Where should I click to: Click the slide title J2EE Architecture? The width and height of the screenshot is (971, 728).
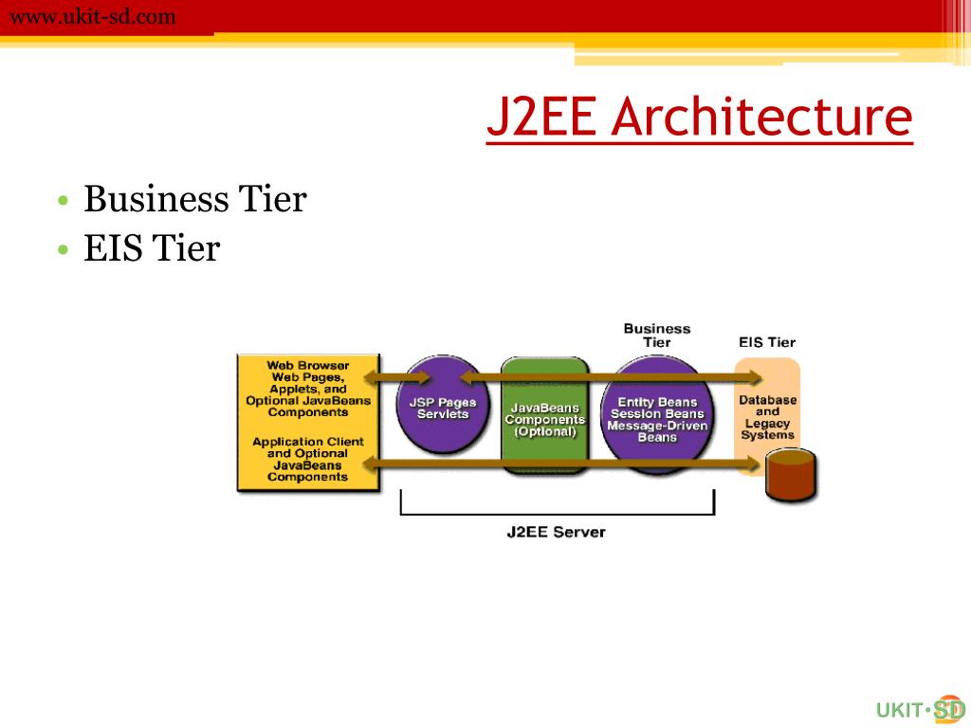tap(700, 118)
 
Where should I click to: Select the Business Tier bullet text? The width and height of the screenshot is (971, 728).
tap(194, 200)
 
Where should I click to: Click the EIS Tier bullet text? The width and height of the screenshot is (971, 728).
tap(152, 249)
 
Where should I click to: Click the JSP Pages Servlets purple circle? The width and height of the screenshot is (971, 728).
tap(442, 409)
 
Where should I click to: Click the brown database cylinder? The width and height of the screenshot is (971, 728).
tap(791, 478)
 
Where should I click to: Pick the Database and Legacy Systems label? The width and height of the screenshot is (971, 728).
tap(767, 417)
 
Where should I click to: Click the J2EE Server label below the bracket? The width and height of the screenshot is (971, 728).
tap(556, 532)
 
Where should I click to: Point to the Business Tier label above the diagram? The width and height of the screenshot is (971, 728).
tap(656, 335)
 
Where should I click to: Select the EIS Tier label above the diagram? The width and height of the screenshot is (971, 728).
tap(767, 342)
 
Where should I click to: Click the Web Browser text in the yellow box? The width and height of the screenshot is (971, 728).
tap(307, 365)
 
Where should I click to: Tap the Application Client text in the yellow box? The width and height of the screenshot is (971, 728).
tap(307, 442)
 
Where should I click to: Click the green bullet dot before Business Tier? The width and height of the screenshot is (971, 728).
tap(62, 202)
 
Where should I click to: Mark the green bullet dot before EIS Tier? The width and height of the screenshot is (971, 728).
tap(62, 251)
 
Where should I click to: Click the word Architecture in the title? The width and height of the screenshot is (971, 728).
tap(761, 118)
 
